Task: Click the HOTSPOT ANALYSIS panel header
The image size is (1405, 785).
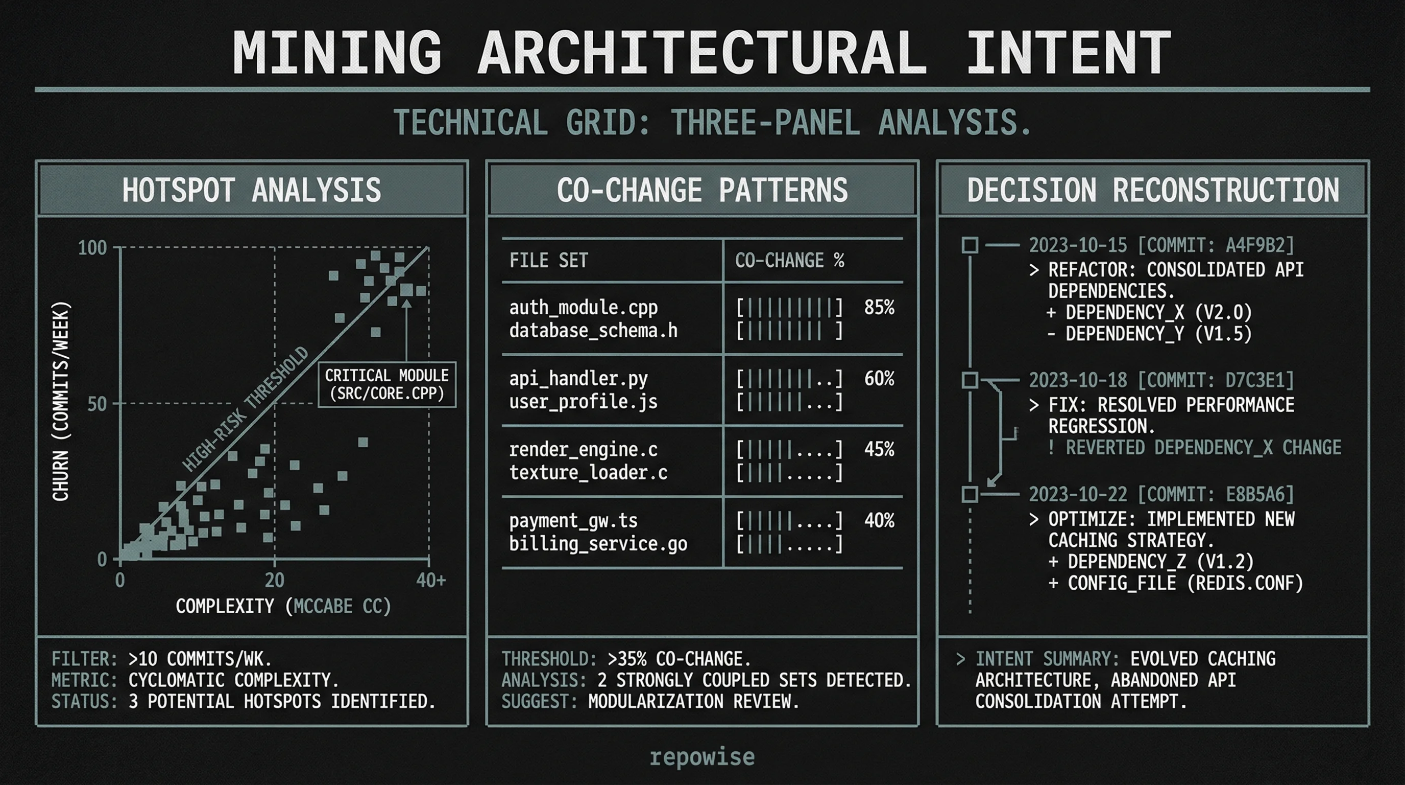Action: click(x=251, y=190)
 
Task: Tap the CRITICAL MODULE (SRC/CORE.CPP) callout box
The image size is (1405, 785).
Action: click(x=386, y=384)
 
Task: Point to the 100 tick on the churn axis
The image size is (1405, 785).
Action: click(x=93, y=248)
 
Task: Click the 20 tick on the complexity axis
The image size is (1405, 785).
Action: click(x=274, y=580)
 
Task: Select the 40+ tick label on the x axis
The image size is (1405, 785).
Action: click(x=431, y=580)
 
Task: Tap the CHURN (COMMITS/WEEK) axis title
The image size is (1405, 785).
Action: click(x=61, y=401)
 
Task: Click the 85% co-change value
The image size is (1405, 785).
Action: click(x=879, y=308)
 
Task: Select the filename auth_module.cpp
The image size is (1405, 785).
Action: click(x=583, y=308)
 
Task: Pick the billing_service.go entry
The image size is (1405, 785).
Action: click(x=598, y=544)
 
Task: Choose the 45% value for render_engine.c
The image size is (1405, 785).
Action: click(x=879, y=449)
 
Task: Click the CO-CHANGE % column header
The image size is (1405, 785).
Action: click(x=789, y=261)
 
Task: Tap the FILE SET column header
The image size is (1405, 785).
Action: click(x=548, y=261)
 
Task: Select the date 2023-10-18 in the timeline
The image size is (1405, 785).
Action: click(x=1077, y=381)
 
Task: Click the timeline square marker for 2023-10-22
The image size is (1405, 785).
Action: click(x=970, y=495)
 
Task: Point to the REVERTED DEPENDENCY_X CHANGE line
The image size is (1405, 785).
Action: click(x=1195, y=448)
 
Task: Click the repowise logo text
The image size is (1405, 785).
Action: click(x=702, y=757)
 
